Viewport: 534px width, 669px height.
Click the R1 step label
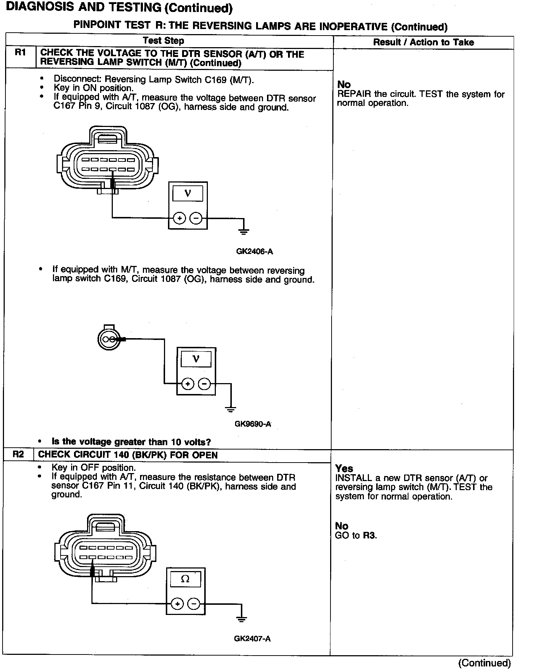pos(20,53)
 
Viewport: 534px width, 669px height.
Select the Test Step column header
pos(164,41)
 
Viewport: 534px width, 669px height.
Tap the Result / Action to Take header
pos(423,42)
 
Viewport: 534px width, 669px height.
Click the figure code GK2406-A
pos(254,251)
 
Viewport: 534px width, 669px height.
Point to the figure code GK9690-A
pos(253,424)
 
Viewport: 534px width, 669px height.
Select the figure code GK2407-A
pos(252,649)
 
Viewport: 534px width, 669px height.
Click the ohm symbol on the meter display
pos(185,579)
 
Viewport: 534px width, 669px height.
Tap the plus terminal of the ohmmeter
pos(177,604)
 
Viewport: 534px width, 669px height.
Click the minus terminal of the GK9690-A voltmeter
pos(205,383)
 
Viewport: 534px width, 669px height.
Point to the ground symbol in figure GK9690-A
pos(230,409)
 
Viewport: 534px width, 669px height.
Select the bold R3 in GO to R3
pos(369,535)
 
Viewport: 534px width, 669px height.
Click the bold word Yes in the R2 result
pos(344,468)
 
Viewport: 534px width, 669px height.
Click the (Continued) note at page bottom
pos(484,662)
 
